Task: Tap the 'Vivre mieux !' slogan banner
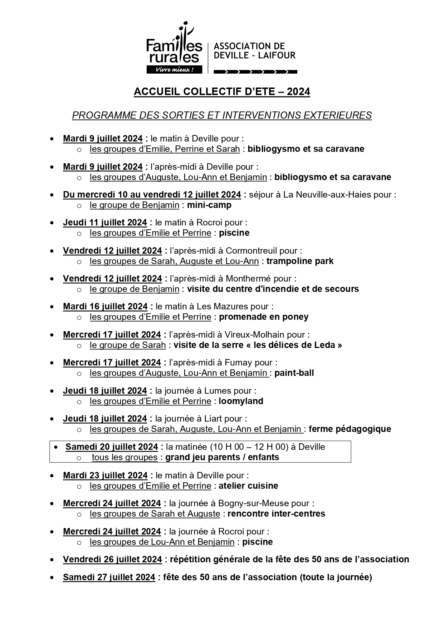click(174, 70)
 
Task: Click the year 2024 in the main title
click(298, 92)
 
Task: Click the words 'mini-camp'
click(209, 205)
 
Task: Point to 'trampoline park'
click(300, 261)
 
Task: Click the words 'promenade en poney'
click(264, 317)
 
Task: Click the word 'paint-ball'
click(294, 373)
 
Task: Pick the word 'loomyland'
click(241, 401)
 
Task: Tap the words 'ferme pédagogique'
click(350, 429)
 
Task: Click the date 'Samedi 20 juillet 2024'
click(112, 447)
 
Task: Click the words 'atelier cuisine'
click(248, 486)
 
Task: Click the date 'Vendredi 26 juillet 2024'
click(112, 559)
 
